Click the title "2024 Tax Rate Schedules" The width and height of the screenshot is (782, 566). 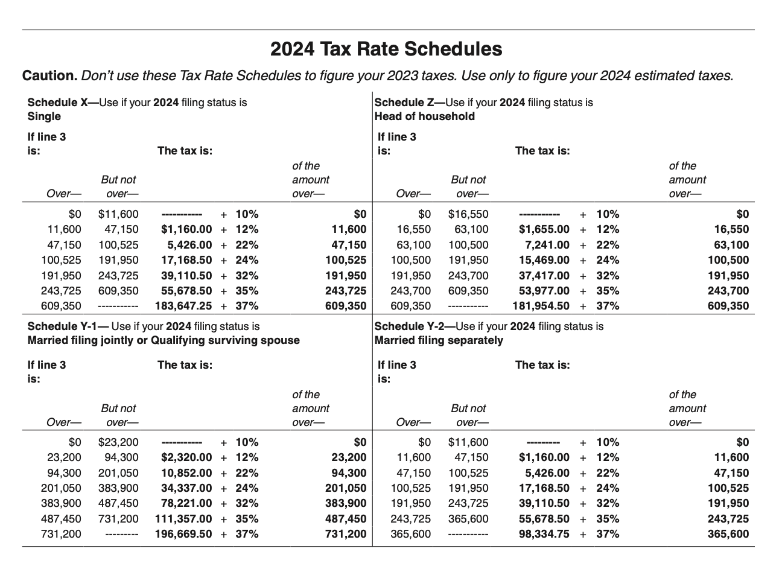pyautogui.click(x=386, y=49)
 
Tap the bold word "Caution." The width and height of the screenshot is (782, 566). pyautogui.click(x=49, y=76)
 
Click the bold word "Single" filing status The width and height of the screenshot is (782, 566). pyautogui.click(x=44, y=116)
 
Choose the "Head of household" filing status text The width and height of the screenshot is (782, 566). pyautogui.click(x=424, y=116)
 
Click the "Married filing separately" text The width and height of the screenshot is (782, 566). pyautogui.click(x=439, y=340)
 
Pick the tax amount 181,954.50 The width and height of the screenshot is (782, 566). pyautogui.click(x=541, y=306)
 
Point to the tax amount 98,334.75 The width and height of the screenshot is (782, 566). pyautogui.click(x=544, y=534)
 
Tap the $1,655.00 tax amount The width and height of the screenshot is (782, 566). pyautogui.click(x=544, y=229)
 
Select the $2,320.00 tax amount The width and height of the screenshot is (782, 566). pyautogui.click(x=186, y=457)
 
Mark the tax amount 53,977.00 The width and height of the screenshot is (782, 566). pyautogui.click(x=544, y=291)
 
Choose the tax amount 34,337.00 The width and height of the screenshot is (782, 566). pyautogui.click(x=186, y=488)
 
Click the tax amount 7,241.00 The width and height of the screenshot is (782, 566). pyautogui.click(x=547, y=245)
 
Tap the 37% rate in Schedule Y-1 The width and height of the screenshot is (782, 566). pyautogui.click(x=247, y=534)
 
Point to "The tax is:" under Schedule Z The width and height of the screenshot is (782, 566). pyautogui.click(x=542, y=151)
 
